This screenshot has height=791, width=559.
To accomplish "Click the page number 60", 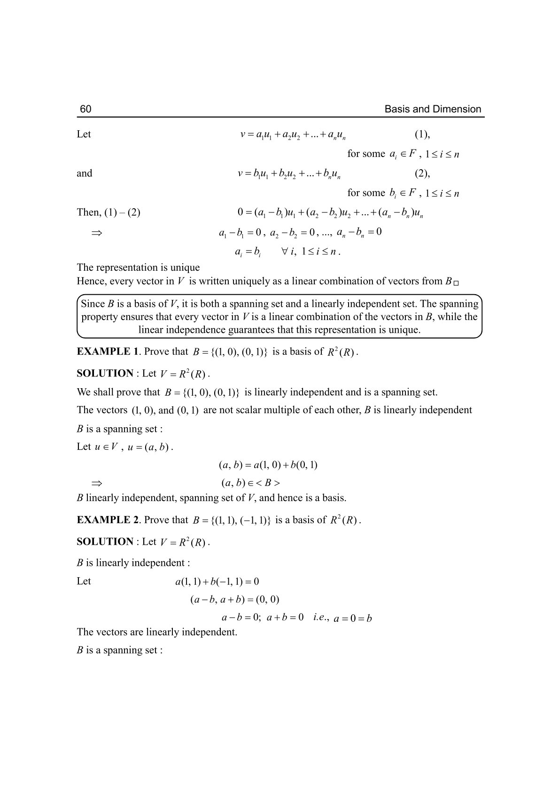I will [85, 109].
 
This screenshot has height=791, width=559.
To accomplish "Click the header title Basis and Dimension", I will [433, 109].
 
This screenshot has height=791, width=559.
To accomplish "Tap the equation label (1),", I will [422, 134].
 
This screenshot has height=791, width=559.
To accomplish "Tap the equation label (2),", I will [422, 173].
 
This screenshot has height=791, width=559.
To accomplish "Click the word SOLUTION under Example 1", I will [105, 373].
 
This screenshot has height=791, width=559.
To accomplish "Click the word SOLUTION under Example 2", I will [105, 541].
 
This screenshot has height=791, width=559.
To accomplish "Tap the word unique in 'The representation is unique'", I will [185, 267].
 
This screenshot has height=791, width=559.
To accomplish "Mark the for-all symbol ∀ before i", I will [284, 251].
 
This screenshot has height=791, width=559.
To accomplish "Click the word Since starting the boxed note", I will [93, 304].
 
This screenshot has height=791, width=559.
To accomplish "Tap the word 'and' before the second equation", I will [85, 173].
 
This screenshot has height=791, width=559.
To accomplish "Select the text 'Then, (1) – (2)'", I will [109, 212].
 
